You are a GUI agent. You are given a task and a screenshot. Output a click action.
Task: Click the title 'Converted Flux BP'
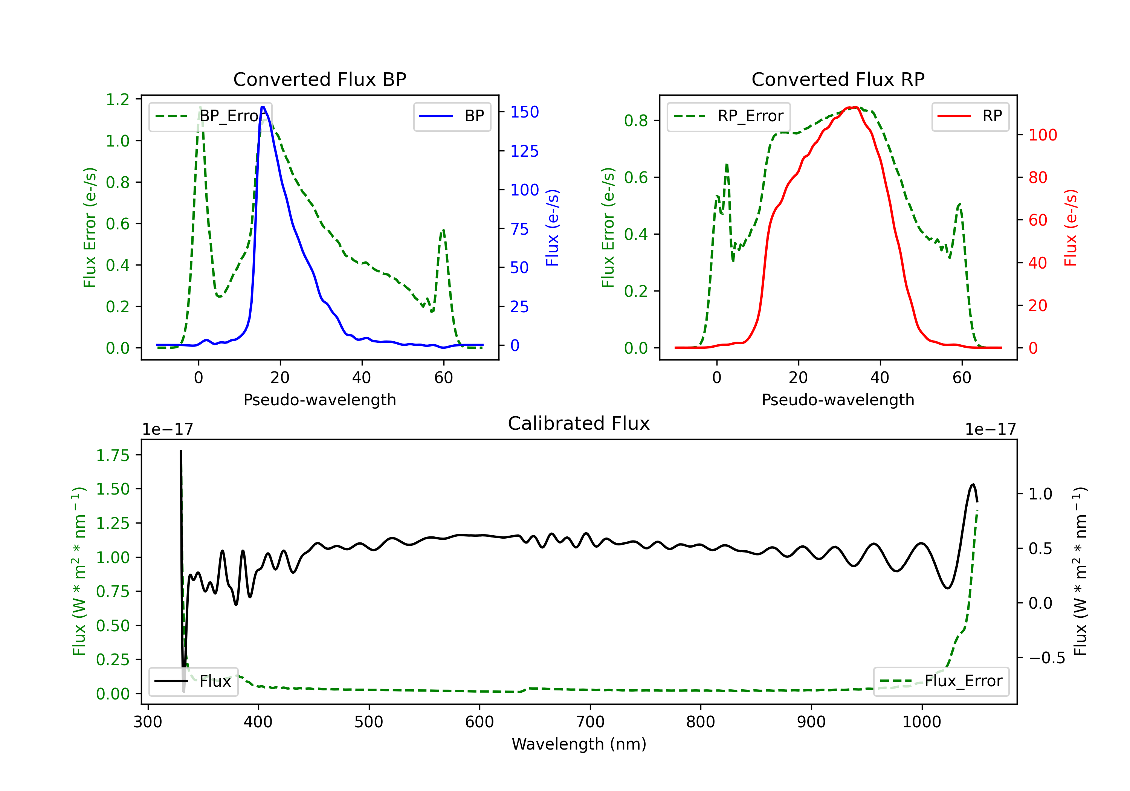(319, 79)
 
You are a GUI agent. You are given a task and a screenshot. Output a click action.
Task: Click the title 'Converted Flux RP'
(838, 79)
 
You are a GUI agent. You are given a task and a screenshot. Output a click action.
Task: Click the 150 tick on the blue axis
(524, 112)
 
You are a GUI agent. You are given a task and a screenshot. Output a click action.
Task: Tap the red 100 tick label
(1042, 135)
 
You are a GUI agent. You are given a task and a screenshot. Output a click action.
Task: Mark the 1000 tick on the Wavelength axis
(921, 722)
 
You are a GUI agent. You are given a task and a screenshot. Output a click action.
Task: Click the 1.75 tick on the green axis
(113, 455)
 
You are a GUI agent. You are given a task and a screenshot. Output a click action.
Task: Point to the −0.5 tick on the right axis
(1046, 658)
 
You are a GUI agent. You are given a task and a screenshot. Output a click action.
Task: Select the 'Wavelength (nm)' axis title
(579, 744)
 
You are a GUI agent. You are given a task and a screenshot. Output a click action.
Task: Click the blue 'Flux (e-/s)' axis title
(552, 228)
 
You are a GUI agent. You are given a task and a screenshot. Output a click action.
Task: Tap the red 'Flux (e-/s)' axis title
(1070, 228)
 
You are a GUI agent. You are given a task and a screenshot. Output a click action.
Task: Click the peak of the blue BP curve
(263, 107)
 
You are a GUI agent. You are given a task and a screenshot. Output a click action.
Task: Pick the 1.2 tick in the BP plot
(117, 99)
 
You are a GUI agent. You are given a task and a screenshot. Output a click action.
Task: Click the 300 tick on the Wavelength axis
(148, 722)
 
